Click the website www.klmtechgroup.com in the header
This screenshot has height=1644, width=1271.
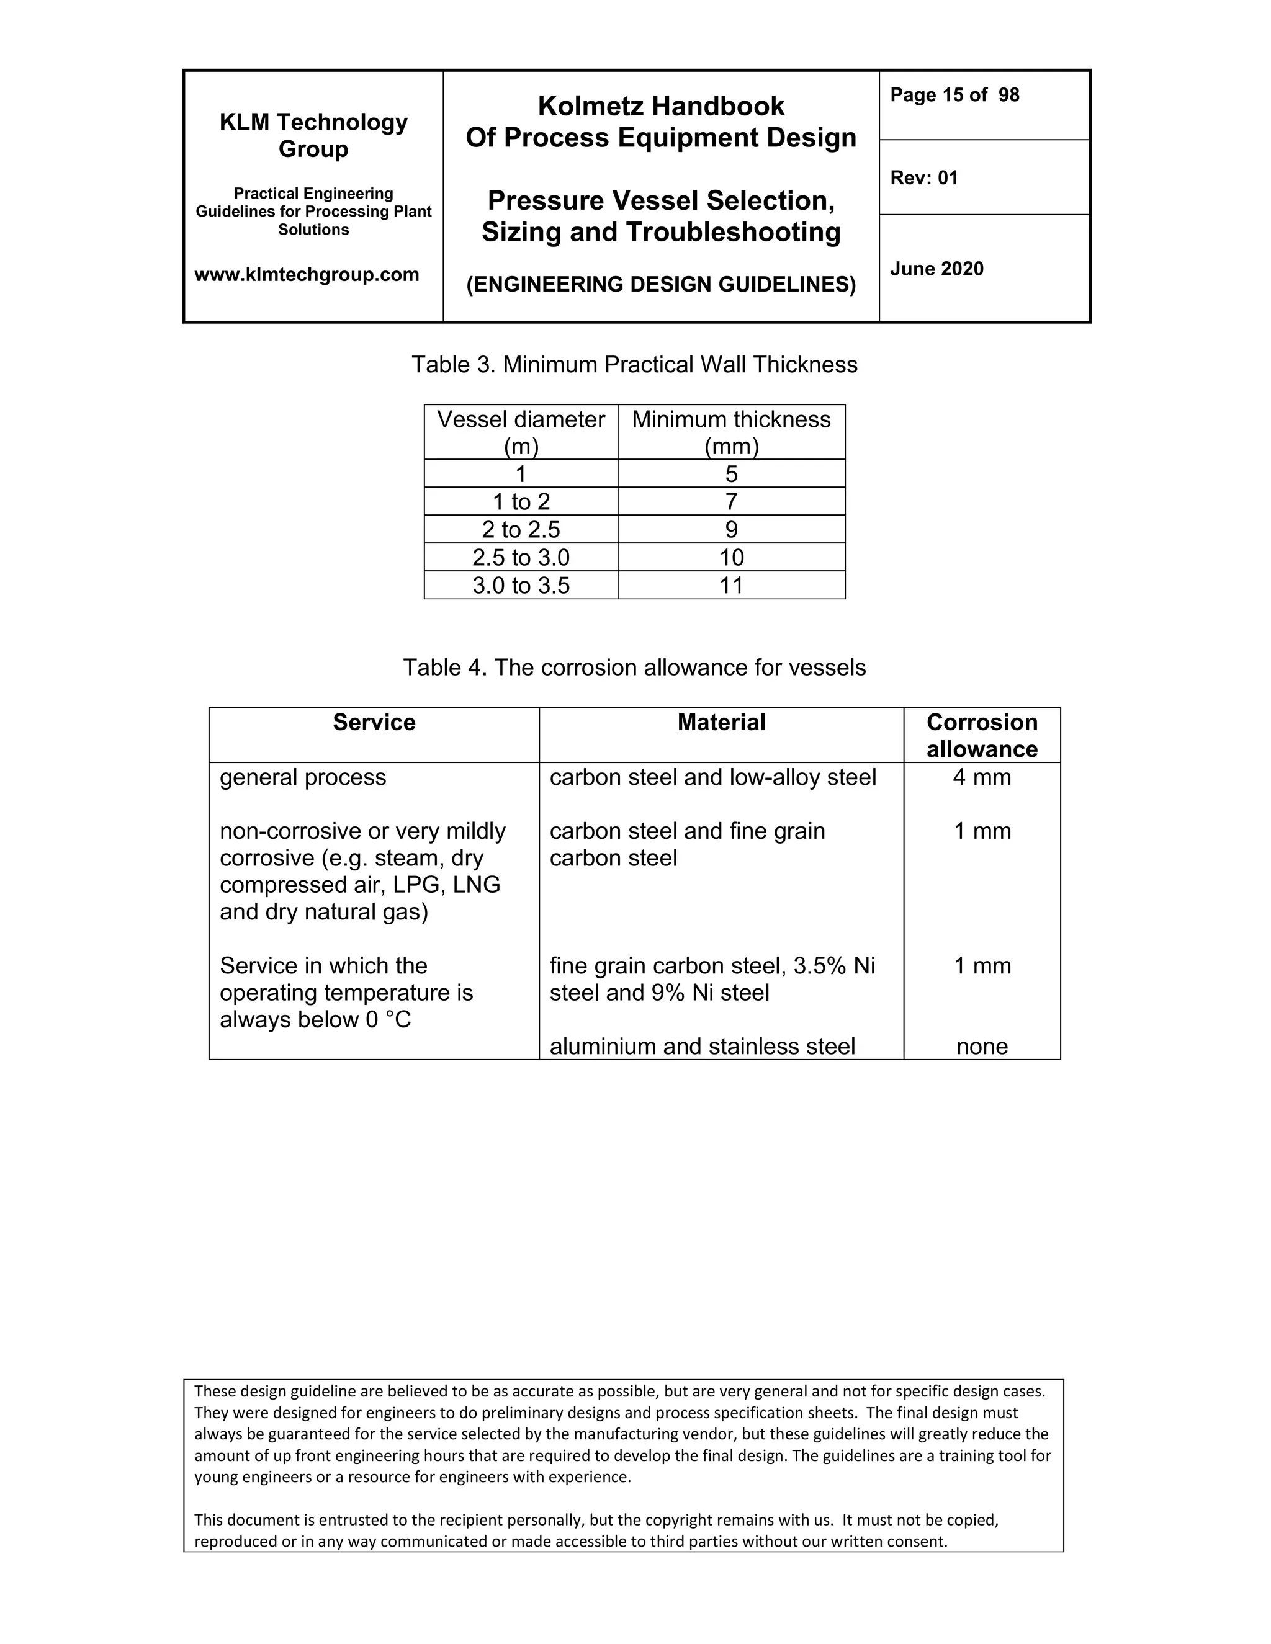307,275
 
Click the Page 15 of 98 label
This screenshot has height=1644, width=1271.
954,95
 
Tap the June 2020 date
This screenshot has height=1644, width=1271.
936,269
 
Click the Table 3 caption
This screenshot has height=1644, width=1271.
634,364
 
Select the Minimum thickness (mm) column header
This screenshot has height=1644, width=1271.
730,432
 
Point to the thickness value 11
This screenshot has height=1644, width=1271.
730,586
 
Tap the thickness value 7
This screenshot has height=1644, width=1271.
730,502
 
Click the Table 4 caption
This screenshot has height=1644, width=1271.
634,668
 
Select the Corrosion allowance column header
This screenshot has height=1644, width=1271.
981,735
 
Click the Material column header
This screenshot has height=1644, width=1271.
721,723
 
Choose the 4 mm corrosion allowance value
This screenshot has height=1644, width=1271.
981,777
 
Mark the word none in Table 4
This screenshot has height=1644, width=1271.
981,1047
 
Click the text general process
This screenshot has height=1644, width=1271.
303,777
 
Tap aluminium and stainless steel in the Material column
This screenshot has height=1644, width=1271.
702,1047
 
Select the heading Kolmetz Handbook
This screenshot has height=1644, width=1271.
660,106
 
